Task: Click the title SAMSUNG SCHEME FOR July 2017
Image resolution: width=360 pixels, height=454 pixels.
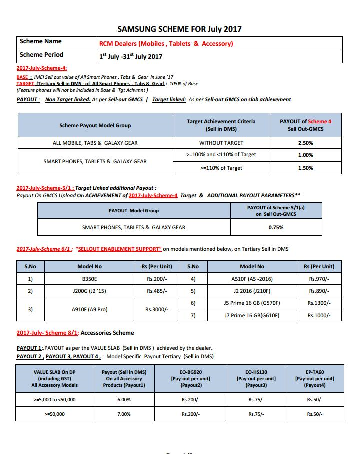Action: (x=179, y=29)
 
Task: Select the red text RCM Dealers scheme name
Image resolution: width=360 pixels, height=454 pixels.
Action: (x=166, y=44)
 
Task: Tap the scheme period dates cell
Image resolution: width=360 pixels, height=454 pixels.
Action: (x=131, y=57)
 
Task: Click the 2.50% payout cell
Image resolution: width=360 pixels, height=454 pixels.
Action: (x=305, y=143)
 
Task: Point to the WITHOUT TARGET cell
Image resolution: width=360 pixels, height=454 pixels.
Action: (x=221, y=143)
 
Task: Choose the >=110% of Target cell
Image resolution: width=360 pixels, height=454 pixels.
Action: (x=221, y=168)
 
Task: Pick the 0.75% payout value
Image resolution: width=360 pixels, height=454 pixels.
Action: (x=276, y=227)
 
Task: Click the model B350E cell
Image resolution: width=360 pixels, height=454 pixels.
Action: (x=90, y=278)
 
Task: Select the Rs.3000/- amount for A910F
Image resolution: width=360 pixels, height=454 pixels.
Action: (x=157, y=309)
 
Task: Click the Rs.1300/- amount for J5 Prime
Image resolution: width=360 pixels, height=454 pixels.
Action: (x=319, y=303)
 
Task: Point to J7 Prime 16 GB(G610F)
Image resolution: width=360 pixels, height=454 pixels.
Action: (x=252, y=315)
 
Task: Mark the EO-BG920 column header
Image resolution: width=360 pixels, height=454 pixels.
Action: (x=191, y=378)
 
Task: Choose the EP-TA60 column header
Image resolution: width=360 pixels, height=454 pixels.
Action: (x=314, y=378)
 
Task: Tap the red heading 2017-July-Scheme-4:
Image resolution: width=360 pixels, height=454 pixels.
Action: (x=42, y=68)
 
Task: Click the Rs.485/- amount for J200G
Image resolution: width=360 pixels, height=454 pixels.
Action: (x=157, y=291)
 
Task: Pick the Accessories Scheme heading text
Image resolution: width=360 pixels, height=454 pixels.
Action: (x=107, y=333)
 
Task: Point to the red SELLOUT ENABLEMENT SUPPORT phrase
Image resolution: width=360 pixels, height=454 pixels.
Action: (x=119, y=249)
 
